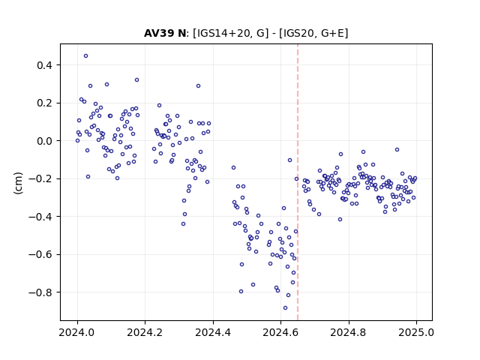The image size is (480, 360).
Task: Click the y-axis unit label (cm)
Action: pyautogui.click(x=18, y=183)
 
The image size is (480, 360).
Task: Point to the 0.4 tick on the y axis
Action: pyautogui.click(x=44, y=65)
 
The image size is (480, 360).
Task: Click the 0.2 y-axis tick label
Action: pyautogui.click(x=44, y=103)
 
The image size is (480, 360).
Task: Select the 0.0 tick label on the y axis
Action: pyautogui.click(x=44, y=141)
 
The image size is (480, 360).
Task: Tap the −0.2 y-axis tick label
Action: pyautogui.click(x=40, y=178)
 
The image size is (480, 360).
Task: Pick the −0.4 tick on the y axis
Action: pyautogui.click(x=40, y=217)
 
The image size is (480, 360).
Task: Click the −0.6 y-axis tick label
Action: pyautogui.click(x=40, y=254)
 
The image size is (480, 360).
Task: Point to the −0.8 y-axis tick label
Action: pyautogui.click(x=40, y=292)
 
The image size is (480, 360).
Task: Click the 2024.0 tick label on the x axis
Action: pyautogui.click(x=77, y=332)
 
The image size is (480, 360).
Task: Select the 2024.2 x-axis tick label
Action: pyautogui.click(x=145, y=332)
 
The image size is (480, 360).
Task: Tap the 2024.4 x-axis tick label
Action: pyautogui.click(x=213, y=332)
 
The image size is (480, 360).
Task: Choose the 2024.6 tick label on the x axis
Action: pyautogui.click(x=280, y=332)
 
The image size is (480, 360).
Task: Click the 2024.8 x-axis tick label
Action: pyautogui.click(x=348, y=332)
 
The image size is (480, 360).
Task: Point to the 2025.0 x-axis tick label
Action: pyautogui.click(x=416, y=332)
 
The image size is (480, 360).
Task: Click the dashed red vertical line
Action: pyautogui.click(x=298, y=182)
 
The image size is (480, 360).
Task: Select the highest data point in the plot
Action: pyautogui.click(x=85, y=55)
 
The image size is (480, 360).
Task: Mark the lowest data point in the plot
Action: pyautogui.click(x=285, y=307)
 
